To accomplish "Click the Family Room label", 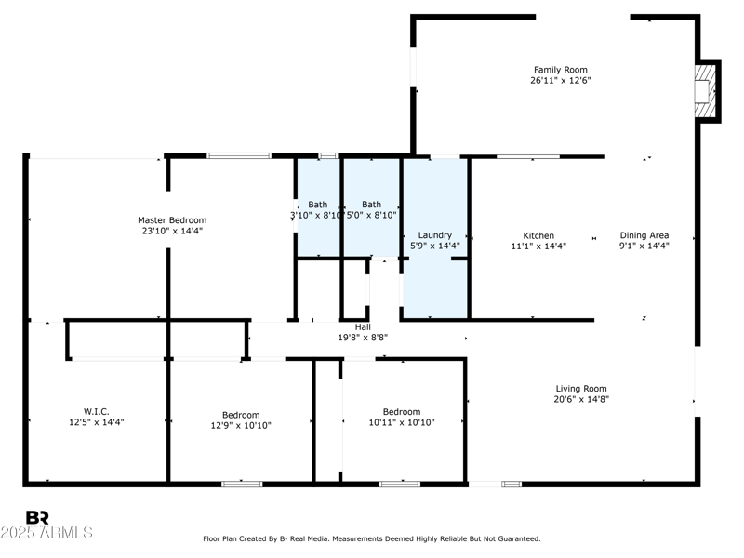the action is [x=561, y=70].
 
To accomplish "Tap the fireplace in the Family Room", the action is [x=705, y=90].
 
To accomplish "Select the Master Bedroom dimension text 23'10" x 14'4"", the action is [x=172, y=231].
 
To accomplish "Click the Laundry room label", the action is [x=434, y=235].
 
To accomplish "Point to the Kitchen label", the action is [x=538, y=236].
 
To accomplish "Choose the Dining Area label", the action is [x=644, y=235].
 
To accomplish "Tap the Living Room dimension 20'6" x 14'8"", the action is [x=581, y=400].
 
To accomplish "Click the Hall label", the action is [x=363, y=327].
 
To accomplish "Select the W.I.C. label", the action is [x=97, y=411].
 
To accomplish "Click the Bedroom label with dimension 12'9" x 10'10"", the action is [x=241, y=415].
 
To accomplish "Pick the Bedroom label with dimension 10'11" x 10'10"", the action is [x=402, y=412].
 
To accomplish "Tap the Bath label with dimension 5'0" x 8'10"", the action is [x=371, y=205].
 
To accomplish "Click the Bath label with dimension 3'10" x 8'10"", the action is [x=318, y=205].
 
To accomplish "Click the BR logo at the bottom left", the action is [x=37, y=518].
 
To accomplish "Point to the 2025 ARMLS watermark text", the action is [x=46, y=532].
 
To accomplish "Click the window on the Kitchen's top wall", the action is [x=528, y=156].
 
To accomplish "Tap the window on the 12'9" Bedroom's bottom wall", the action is [x=242, y=484].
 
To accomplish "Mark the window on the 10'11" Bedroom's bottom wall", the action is [x=400, y=484].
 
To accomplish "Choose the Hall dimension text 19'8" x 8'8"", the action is [x=363, y=338].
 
